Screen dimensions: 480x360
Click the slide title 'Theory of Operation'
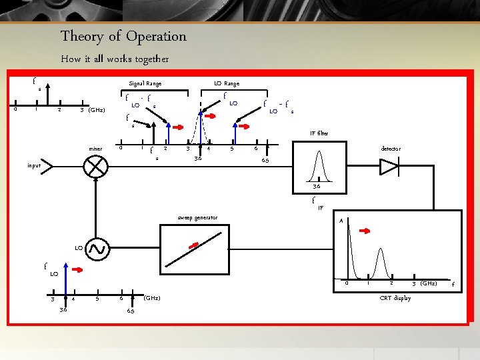[123, 36]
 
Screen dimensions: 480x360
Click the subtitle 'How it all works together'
[115, 59]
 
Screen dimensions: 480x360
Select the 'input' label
[34, 165]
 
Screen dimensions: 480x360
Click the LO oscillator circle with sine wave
[96, 249]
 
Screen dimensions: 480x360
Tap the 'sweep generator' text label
[198, 217]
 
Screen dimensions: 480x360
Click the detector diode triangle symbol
[389, 167]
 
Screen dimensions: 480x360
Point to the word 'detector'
[391, 149]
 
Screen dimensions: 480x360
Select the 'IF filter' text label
[319, 134]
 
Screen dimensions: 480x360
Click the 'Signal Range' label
[145, 83]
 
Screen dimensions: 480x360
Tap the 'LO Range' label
[227, 83]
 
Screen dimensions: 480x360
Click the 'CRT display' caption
[395, 298]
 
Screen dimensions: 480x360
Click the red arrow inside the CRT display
[366, 231]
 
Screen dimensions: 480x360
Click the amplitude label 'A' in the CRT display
[341, 221]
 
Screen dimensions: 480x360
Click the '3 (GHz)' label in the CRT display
[424, 283]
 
